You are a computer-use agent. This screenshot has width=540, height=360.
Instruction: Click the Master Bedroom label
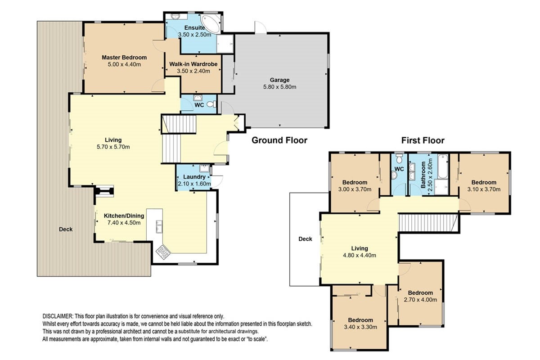(x=124, y=58)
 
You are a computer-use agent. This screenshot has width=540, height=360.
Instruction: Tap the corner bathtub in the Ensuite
(x=211, y=23)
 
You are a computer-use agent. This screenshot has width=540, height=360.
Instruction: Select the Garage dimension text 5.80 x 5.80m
(x=279, y=87)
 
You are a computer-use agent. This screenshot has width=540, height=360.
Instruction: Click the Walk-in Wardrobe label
(x=193, y=64)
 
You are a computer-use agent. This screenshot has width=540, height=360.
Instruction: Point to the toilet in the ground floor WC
(x=211, y=104)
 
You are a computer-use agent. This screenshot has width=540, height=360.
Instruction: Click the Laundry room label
(x=194, y=177)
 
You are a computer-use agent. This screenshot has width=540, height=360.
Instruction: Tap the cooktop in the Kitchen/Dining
(x=163, y=252)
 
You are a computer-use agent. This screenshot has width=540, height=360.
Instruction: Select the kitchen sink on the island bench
(x=159, y=226)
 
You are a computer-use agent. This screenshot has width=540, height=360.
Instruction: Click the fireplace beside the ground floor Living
(x=104, y=191)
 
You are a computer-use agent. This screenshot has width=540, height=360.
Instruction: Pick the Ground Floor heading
(x=279, y=140)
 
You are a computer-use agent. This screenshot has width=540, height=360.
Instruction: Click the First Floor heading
(x=423, y=140)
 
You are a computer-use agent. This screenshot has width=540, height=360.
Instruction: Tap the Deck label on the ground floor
(x=66, y=229)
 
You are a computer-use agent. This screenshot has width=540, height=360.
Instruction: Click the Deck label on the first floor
(x=305, y=239)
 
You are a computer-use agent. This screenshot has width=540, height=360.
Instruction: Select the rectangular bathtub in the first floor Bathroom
(x=443, y=166)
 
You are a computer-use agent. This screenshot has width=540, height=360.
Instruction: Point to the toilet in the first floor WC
(x=399, y=159)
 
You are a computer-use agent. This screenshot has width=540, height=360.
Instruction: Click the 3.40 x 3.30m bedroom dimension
(x=360, y=327)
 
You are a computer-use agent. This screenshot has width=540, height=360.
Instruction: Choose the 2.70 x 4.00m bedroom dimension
(x=420, y=300)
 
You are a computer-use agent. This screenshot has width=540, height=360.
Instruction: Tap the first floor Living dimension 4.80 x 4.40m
(x=360, y=255)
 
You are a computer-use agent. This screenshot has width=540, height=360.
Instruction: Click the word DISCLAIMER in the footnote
(x=58, y=316)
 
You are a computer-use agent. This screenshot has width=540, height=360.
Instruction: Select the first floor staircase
(x=428, y=223)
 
